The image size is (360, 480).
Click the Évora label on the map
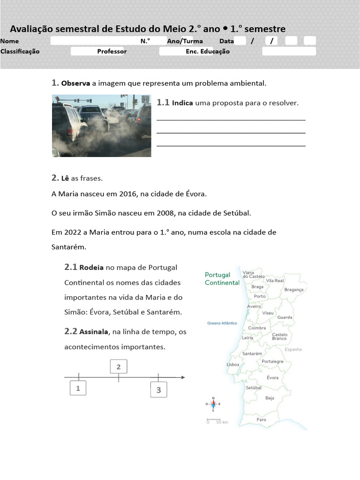[272, 377]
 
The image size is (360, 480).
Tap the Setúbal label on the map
[254, 388]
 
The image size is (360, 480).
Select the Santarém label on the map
[252, 353]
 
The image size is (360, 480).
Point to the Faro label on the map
[261, 420]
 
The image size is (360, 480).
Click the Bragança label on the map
[294, 290]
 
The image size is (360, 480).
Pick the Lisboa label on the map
[233, 364]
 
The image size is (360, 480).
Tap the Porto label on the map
[260, 296]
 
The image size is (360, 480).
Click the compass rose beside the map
[213, 404]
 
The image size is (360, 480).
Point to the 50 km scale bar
[214, 420]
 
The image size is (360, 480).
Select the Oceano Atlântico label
[222, 323]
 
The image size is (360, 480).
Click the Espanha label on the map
[293, 349]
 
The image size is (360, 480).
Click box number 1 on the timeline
[78, 388]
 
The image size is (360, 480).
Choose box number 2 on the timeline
[119, 367]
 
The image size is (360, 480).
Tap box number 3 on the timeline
[158, 390]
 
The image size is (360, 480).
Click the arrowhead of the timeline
[182, 377]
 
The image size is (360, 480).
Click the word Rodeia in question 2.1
[92, 268]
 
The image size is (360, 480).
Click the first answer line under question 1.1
[231, 120]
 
